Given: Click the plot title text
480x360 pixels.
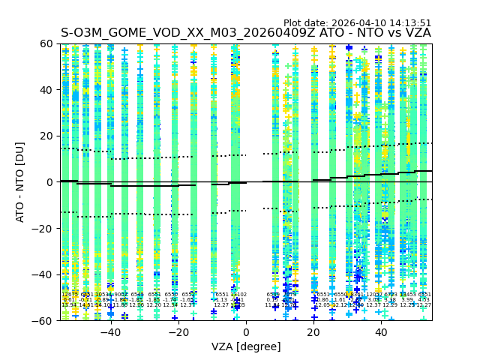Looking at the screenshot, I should [x=246, y=33].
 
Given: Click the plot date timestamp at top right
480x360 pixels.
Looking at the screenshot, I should [x=357, y=23].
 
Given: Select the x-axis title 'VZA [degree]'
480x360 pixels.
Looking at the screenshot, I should [x=246, y=346].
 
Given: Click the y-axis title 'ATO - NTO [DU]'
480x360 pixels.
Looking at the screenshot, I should [x=21, y=182].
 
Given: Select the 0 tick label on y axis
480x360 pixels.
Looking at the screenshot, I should [x=50, y=182].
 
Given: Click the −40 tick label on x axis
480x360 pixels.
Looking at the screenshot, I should [x=110, y=332].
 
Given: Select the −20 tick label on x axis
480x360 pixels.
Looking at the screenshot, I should [x=178, y=332].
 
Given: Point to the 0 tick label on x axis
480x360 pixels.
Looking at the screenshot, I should [x=246, y=332].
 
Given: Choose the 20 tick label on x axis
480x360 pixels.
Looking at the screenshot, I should [x=313, y=332].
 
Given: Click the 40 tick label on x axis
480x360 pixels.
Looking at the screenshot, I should [x=381, y=332].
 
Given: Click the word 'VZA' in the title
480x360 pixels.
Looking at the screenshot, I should [x=417, y=33].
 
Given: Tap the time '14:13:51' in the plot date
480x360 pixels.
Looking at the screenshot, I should [x=409, y=23].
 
